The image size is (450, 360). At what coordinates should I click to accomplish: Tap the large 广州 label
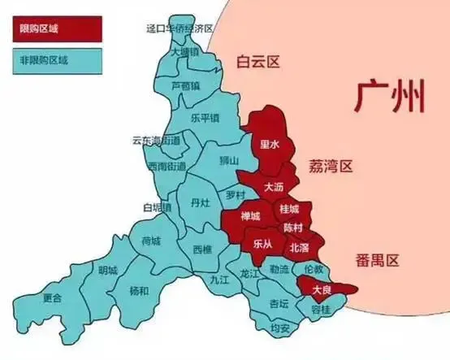click(391, 98)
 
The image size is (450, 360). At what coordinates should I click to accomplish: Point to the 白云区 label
click(257, 62)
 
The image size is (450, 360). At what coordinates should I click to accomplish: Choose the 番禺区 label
click(378, 261)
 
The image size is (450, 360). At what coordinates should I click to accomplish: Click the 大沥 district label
click(275, 187)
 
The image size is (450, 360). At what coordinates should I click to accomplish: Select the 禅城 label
click(251, 216)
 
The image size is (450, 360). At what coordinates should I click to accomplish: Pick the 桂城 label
click(288, 210)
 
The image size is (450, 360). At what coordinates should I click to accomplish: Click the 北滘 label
click(298, 246)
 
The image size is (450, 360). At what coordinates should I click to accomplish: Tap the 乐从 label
click(262, 243)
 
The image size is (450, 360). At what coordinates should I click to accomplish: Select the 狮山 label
click(229, 161)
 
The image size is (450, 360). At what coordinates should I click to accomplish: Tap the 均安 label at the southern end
click(280, 328)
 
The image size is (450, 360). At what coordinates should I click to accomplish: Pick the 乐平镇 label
click(205, 117)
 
